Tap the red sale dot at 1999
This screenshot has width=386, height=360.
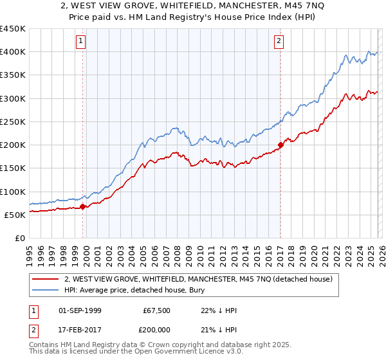[x=83, y=207]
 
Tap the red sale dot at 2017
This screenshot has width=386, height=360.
[x=280, y=145]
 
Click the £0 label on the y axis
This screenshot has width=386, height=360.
[x=19, y=238]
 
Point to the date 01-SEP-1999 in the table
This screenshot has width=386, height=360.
[x=80, y=310]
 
